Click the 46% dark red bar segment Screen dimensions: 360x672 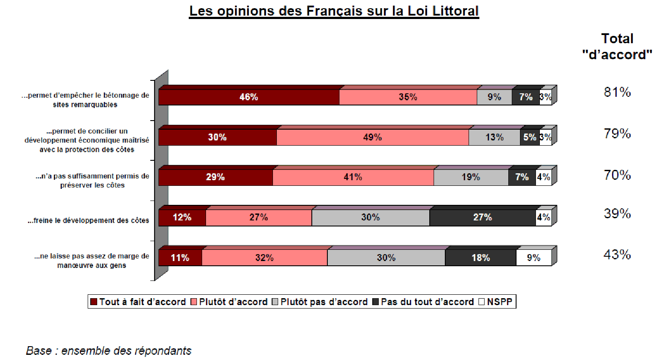(249, 97)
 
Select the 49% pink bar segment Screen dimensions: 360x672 (372, 137)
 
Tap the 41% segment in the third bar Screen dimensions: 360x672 (353, 177)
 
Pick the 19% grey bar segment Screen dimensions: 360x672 (471, 177)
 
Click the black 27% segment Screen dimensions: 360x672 (482, 217)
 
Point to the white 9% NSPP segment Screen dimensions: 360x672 (534, 258)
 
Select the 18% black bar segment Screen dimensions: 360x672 (480, 258)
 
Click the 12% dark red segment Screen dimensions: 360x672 (182, 217)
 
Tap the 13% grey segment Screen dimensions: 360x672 (494, 137)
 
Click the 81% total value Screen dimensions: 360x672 (617, 92)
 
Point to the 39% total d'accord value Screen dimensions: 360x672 (617, 213)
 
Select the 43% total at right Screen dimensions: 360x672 (617, 255)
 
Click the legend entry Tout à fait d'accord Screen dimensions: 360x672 (138, 302)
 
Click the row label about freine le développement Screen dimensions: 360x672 (88, 220)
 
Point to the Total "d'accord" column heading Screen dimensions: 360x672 (617, 47)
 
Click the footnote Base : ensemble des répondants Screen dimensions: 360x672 (108, 350)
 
